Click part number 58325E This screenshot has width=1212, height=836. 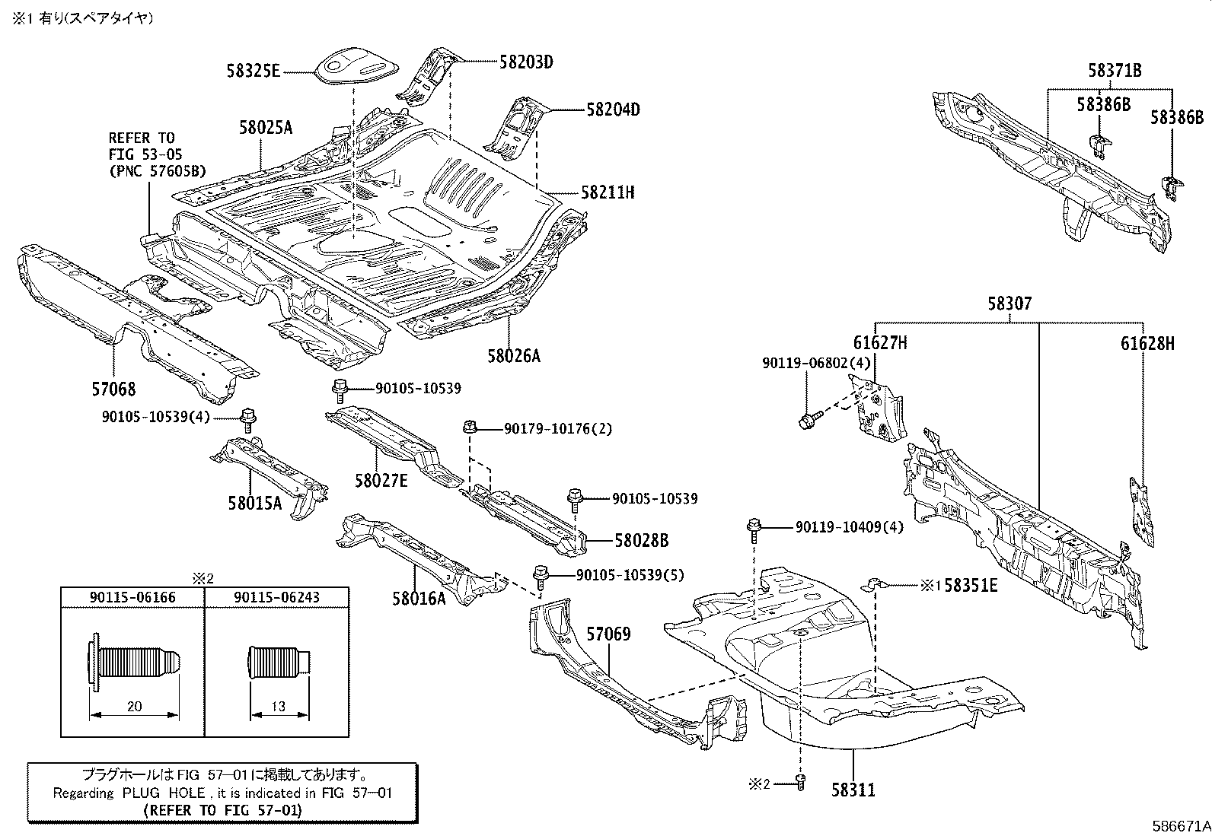(254, 72)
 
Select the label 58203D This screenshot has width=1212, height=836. (526, 62)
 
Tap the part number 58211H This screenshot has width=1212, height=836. (608, 192)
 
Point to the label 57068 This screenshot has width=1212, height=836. (113, 389)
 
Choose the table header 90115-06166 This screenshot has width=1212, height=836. (133, 597)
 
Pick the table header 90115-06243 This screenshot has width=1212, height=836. (277, 597)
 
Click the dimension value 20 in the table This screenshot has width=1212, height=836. (134, 706)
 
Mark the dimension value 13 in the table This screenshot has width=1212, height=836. (279, 706)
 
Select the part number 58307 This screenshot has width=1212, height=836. (1009, 304)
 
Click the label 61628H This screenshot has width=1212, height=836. (1147, 344)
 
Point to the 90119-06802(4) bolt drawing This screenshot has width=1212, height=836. (810, 418)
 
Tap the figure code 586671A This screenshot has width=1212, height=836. (1180, 825)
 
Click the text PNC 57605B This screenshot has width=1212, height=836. (158, 171)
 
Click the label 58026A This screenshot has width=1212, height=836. (514, 355)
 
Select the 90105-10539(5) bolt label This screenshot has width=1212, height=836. (620, 575)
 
